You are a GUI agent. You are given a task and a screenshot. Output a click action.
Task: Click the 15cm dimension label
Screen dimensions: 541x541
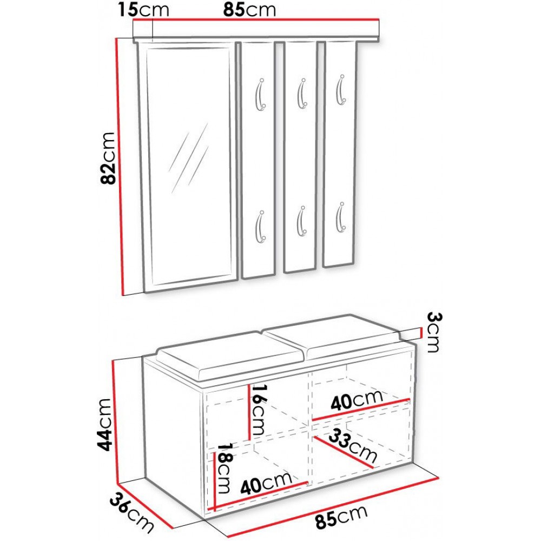[x=143, y=9]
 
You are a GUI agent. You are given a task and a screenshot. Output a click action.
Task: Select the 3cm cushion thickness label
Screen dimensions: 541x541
[x=434, y=332]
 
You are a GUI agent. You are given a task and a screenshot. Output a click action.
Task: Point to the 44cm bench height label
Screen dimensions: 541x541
[x=104, y=424]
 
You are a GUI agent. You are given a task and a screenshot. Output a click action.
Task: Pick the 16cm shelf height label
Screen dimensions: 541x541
[x=259, y=409]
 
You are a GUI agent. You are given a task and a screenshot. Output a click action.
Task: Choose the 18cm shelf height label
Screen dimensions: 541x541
[x=223, y=468]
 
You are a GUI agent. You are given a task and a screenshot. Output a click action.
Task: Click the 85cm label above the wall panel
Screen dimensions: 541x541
[x=249, y=10]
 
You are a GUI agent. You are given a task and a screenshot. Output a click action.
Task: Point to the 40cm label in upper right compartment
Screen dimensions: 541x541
[x=357, y=400]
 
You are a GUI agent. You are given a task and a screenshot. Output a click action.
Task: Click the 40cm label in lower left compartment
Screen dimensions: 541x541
[x=266, y=483]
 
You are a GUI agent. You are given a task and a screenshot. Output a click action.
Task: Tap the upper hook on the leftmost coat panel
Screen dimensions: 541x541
[x=260, y=95]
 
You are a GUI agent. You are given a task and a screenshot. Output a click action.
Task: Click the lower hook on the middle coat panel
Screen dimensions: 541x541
[x=301, y=221]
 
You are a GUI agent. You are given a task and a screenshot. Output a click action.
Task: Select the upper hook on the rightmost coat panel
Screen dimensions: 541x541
[x=340, y=89]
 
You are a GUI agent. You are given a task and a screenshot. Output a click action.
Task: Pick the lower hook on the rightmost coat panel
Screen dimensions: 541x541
[x=341, y=217]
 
